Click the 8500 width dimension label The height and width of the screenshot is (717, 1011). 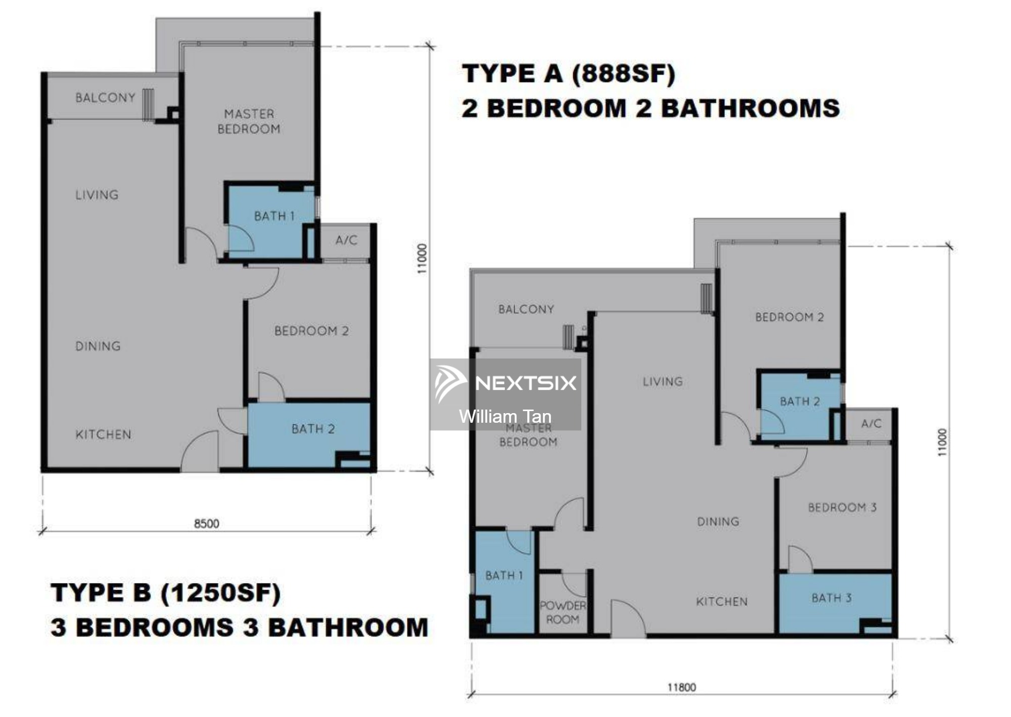tap(207, 523)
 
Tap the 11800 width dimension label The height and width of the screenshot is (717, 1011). tap(681, 687)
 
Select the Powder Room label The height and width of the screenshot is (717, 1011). tap(563, 612)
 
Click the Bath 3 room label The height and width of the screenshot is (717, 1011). tap(832, 598)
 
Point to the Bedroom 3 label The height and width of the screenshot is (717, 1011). tap(842, 507)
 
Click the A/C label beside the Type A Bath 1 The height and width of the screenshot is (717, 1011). tap(346, 240)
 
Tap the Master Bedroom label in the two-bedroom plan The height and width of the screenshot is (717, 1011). tap(249, 121)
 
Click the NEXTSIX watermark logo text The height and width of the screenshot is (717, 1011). tap(526, 383)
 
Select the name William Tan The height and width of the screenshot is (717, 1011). tap(505, 417)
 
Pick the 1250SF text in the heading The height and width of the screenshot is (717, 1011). tap(220, 593)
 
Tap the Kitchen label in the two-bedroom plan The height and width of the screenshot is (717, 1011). tap(103, 434)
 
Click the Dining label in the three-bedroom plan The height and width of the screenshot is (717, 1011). tap(718, 521)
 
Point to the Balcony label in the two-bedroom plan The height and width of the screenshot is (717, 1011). tap(105, 97)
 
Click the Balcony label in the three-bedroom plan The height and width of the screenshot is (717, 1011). tap(526, 309)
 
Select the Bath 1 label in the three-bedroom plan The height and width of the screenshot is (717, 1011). tap(504, 575)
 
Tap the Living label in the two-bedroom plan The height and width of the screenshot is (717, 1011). tap(97, 195)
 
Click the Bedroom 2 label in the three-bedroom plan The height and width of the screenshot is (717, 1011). tap(790, 317)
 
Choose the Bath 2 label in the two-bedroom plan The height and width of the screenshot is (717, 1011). tap(313, 429)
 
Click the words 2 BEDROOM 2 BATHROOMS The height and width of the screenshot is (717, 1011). tap(651, 108)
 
